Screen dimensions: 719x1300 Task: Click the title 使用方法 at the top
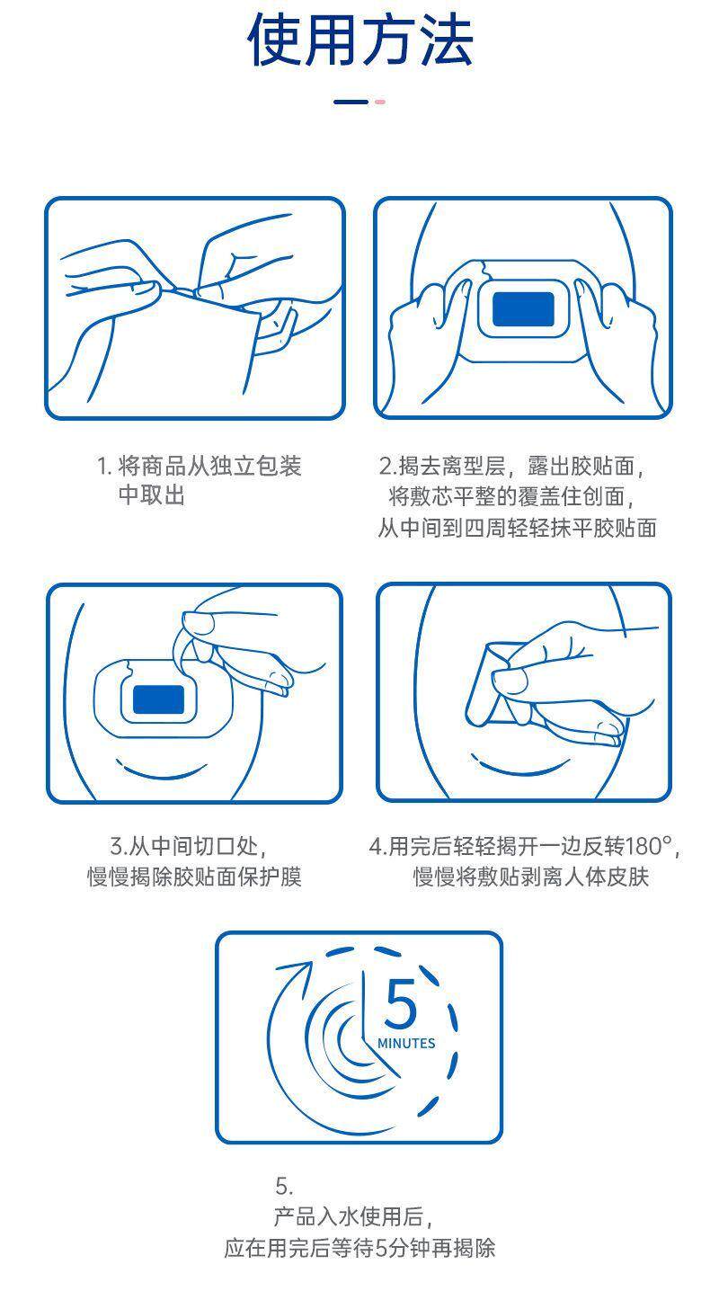click(359, 40)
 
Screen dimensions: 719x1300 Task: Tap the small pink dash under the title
click(380, 102)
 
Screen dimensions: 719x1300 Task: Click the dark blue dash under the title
click(351, 102)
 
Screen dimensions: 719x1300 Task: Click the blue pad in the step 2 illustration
click(523, 309)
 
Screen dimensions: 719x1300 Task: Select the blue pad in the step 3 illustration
click(158, 699)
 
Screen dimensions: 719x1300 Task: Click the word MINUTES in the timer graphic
click(406, 1043)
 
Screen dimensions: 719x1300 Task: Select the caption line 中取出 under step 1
click(152, 495)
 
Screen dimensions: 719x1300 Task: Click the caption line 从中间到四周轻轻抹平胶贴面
click(517, 528)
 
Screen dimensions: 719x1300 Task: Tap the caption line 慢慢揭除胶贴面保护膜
click(194, 877)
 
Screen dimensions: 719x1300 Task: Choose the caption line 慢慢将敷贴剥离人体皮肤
click(530, 877)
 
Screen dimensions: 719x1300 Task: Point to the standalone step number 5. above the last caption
click(284, 1186)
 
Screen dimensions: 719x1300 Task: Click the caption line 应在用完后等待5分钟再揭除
click(359, 1248)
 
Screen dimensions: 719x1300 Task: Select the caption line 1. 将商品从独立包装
click(199, 466)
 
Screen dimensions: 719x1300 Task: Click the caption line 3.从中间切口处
click(189, 846)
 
